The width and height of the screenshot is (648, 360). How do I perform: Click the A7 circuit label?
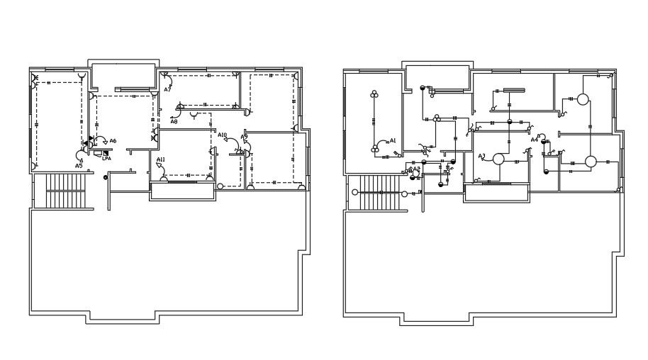167,90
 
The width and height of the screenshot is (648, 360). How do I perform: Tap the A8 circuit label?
174,122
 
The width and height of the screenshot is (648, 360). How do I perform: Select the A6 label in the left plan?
113,141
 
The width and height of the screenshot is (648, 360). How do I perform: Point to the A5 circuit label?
79,165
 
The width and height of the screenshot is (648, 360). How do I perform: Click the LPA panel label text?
106,159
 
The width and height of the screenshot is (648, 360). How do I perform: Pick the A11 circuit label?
161,159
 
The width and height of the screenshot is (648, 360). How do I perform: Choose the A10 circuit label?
222,135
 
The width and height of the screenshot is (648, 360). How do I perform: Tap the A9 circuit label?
244,137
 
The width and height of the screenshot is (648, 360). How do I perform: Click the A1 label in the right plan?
393,140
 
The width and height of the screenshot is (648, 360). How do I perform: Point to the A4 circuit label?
535,140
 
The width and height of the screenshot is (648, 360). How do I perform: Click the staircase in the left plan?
65,189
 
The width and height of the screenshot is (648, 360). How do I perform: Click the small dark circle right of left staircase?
106,176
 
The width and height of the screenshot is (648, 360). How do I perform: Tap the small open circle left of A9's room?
220,186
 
